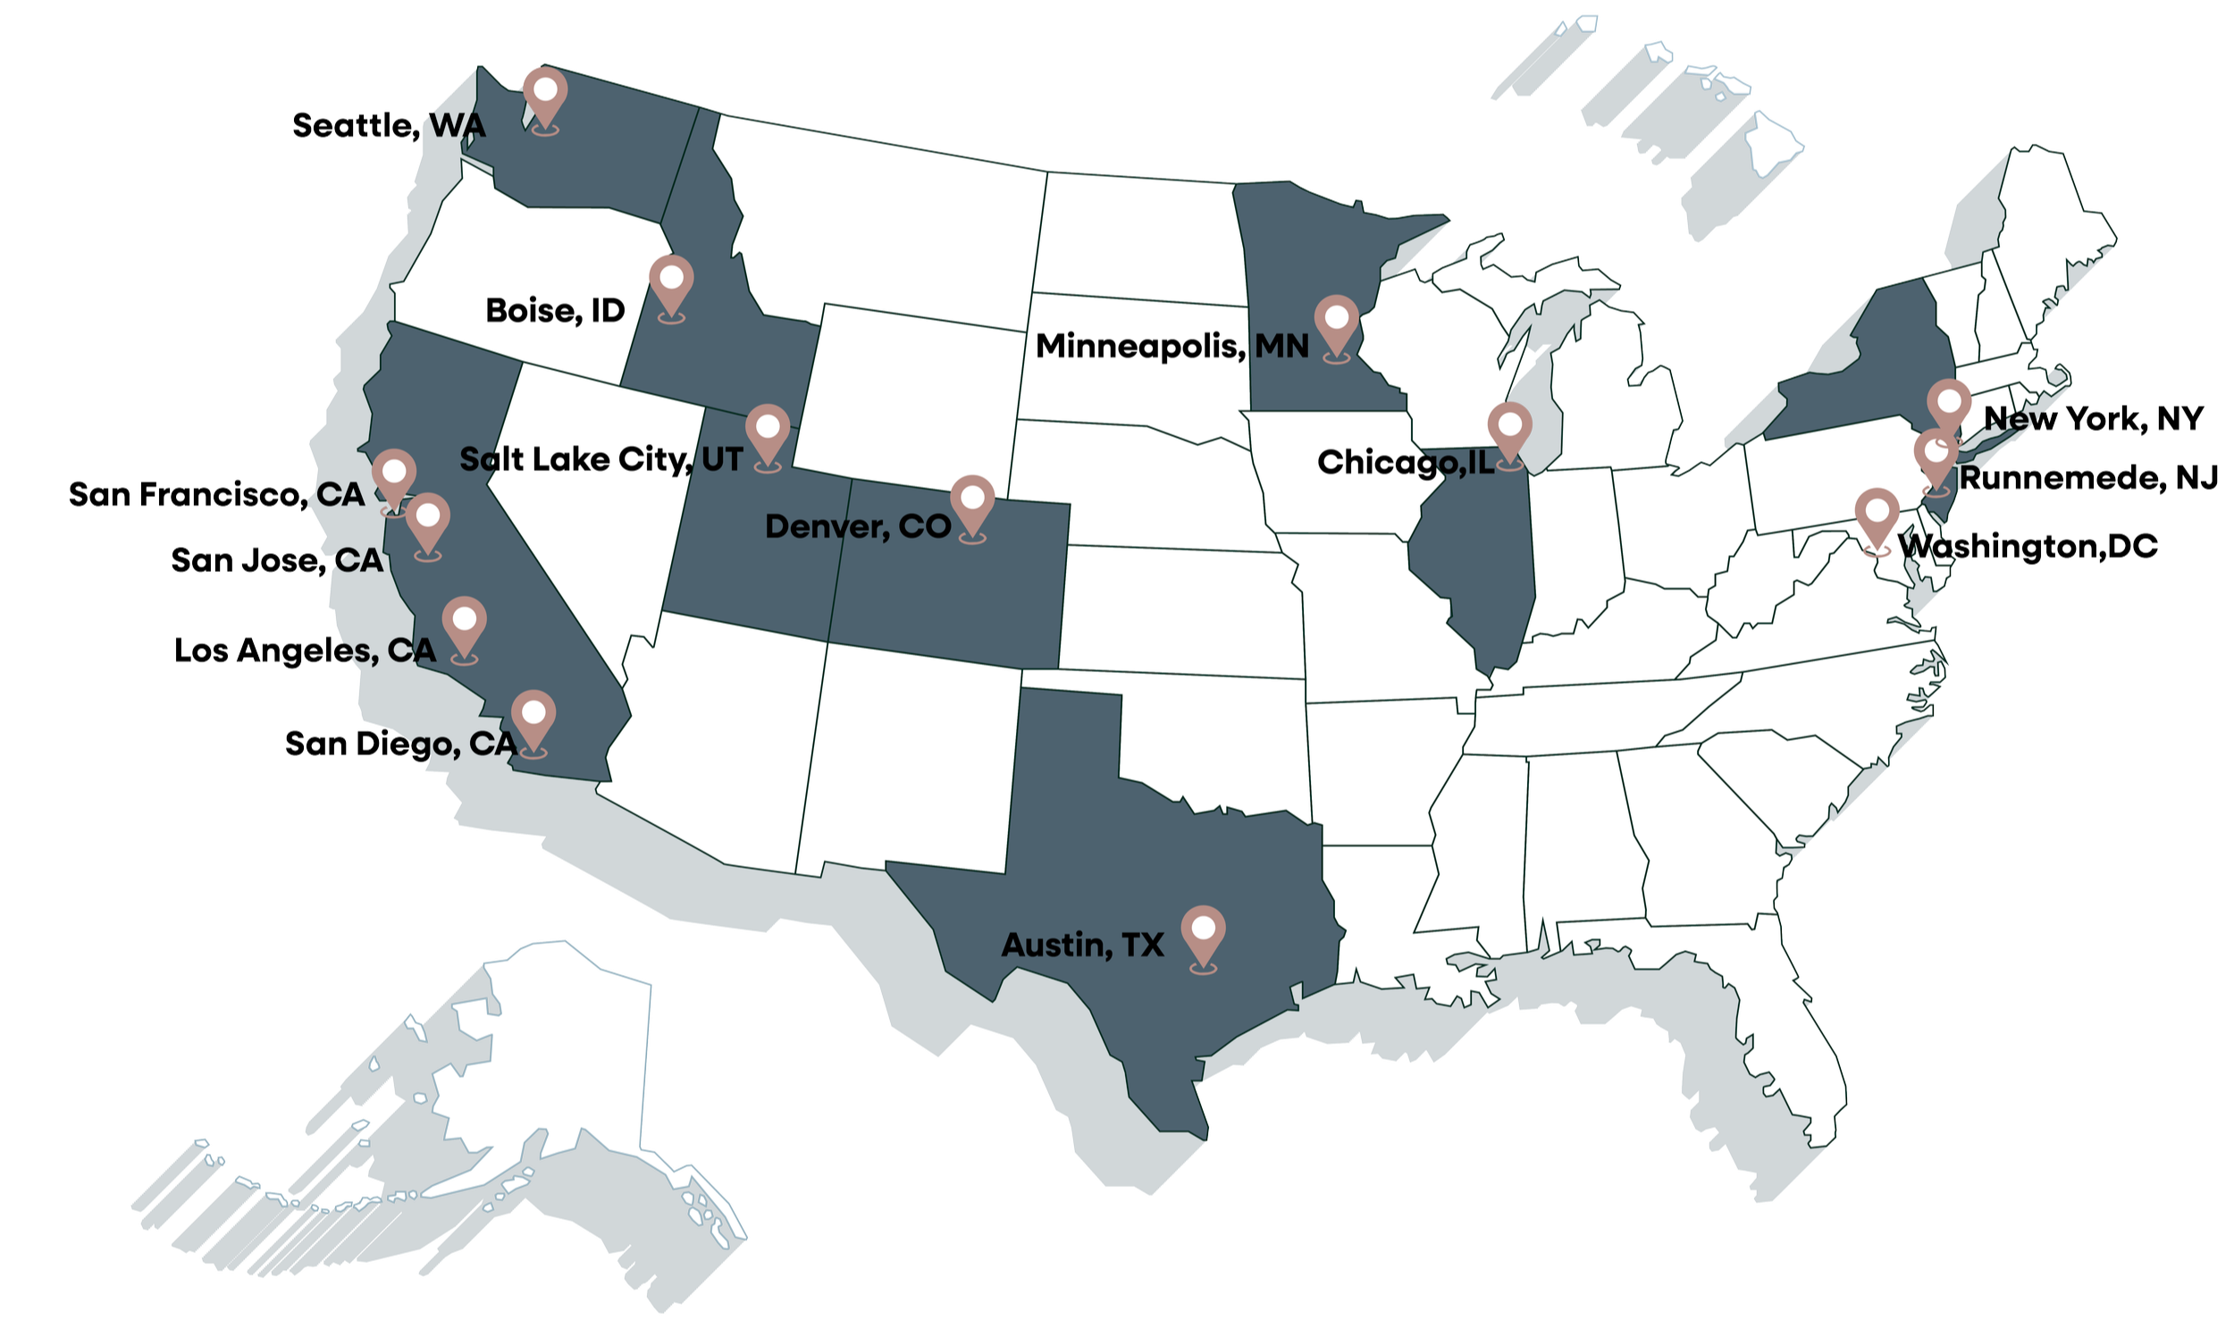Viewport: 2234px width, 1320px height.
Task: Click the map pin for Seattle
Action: point(545,94)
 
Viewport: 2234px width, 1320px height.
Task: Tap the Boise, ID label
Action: point(554,311)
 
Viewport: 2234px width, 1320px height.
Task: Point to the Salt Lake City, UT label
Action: point(600,459)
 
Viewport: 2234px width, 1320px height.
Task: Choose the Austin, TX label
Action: point(1082,946)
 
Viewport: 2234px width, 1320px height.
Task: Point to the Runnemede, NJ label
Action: point(2087,478)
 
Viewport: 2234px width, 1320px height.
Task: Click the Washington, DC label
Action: point(2027,546)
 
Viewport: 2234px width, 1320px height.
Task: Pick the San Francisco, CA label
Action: point(216,494)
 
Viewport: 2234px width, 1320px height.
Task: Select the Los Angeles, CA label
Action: point(307,650)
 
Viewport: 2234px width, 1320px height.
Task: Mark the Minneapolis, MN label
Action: point(1172,346)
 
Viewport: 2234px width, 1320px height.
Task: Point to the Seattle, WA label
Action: point(389,126)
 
